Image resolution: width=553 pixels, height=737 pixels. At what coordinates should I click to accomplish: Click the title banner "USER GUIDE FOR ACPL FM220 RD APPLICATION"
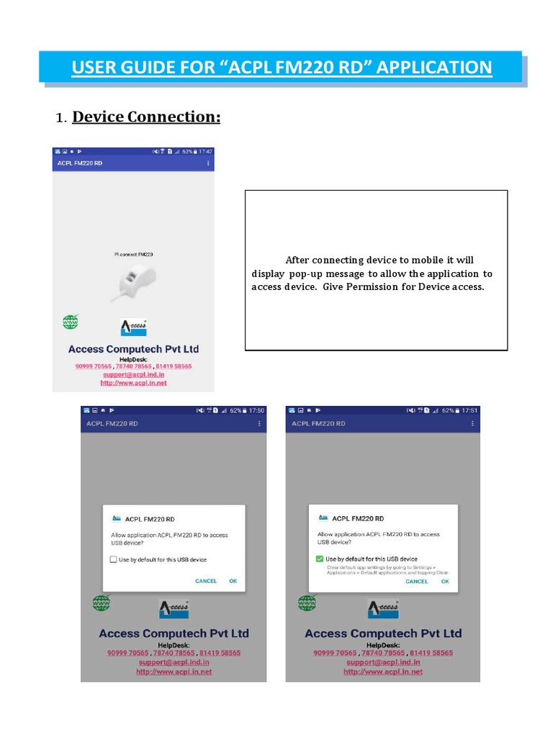(x=281, y=68)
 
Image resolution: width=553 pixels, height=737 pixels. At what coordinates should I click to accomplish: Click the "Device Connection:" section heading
(x=146, y=117)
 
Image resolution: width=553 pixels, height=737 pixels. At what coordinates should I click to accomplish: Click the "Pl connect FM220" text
(x=134, y=255)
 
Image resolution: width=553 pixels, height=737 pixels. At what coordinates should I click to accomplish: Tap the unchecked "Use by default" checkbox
(x=113, y=559)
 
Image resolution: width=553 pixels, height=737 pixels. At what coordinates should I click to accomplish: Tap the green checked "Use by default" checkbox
(x=319, y=559)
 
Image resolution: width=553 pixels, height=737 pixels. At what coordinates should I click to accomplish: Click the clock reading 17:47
(x=206, y=152)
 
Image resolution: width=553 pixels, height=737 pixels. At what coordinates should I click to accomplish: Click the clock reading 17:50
(x=257, y=410)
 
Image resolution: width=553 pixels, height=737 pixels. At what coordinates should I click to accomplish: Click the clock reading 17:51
(x=470, y=410)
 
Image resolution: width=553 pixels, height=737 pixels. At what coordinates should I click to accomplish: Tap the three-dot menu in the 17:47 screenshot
(x=208, y=163)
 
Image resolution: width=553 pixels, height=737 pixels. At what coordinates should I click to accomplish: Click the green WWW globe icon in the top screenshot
(x=70, y=322)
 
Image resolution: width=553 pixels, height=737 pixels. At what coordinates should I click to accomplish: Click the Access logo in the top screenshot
(x=133, y=327)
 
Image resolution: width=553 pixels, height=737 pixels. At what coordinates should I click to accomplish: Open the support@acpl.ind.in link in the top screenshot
(x=133, y=374)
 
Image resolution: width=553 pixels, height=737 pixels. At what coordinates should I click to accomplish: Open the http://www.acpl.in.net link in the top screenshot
(x=133, y=383)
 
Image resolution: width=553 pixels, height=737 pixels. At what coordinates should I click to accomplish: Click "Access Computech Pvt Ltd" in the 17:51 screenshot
(x=383, y=633)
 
